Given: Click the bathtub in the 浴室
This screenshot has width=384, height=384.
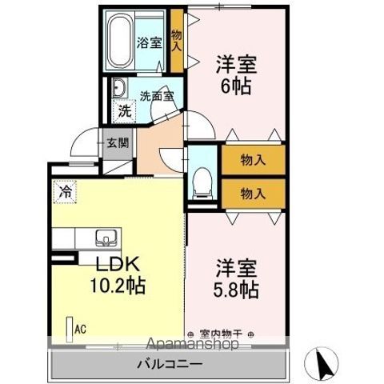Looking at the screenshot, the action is point(120,41).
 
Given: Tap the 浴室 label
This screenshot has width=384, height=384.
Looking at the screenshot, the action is point(149,42).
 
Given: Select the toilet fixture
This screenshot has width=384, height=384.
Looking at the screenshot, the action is point(202,183).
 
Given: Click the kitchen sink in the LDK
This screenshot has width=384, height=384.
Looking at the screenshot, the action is point(106,238).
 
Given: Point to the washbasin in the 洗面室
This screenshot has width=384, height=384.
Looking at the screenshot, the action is point(118,88).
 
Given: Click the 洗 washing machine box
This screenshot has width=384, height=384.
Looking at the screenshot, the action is point(124,111).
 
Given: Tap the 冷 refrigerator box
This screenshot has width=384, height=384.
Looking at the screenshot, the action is point(65,192).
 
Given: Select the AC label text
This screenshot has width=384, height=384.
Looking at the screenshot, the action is point(80,330).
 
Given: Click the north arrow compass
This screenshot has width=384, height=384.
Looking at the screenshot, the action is point(321,363).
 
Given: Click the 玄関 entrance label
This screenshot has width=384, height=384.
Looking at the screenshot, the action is point(118,143).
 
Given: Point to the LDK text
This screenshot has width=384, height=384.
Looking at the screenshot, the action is point(118,264).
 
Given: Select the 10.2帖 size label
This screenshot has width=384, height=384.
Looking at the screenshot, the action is point(118,285).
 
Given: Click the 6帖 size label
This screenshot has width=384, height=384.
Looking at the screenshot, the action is point(236,86).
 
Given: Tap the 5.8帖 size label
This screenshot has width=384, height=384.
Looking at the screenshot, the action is point(236,290).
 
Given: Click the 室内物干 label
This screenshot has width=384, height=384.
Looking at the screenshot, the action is point(221,334).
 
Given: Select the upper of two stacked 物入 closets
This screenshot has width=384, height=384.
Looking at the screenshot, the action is point(254,160).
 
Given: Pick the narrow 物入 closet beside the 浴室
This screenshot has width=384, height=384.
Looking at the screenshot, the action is point(177,41).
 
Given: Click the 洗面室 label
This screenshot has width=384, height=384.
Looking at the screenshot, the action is point(157,96).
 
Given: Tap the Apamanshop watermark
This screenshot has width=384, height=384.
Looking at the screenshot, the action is point(192,343).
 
